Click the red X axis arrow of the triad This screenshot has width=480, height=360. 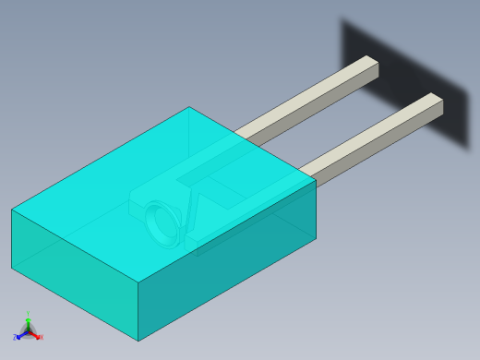pyautogui.click(x=36, y=335)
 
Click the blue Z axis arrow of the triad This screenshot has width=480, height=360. pyautogui.click(x=19, y=335)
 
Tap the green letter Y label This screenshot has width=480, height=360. pyautogui.click(x=28, y=315)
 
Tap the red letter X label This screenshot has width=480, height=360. pyautogui.click(x=41, y=338)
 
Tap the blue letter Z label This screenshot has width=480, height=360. pyautogui.click(x=15, y=338)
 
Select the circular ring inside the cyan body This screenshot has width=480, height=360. pyautogui.click(x=163, y=222)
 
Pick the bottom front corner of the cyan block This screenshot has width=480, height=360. pyautogui.click(x=138, y=341)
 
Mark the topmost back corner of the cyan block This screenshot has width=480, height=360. pyautogui.click(x=189, y=107)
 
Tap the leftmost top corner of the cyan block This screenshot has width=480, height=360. pyautogui.click(x=12, y=210)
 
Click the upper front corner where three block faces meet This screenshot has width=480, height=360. pyautogui.click(x=138, y=282)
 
